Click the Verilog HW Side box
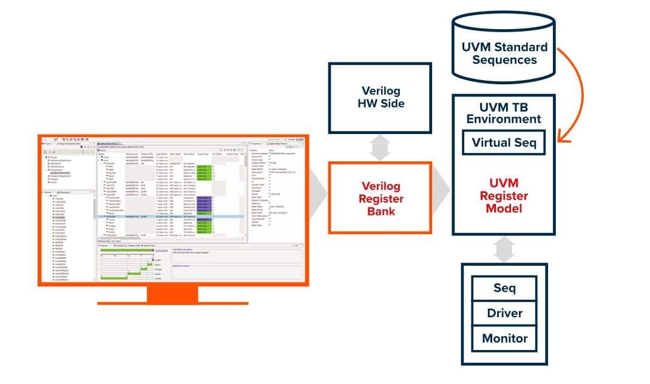click(x=380, y=97)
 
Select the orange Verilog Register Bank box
click(x=380, y=198)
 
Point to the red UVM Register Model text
click(x=504, y=195)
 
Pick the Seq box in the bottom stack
click(x=504, y=288)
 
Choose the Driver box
click(x=504, y=313)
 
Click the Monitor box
click(x=504, y=339)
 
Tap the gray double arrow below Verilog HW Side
click(x=380, y=147)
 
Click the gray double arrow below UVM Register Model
click(x=504, y=249)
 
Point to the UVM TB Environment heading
click(x=504, y=113)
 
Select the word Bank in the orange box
click(x=381, y=211)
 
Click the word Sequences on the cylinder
click(x=504, y=60)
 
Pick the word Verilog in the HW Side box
click(x=380, y=90)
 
